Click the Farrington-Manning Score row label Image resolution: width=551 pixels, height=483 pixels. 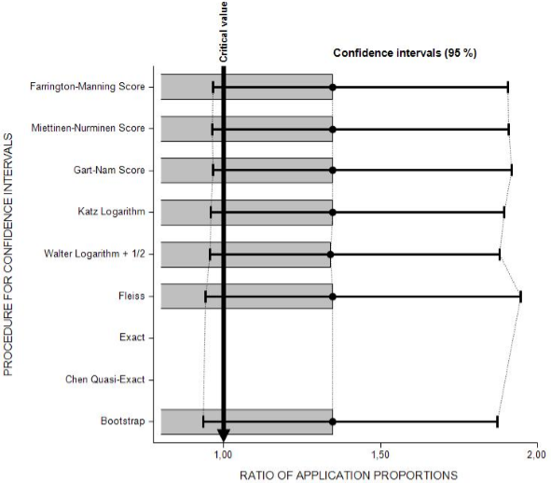click(x=87, y=87)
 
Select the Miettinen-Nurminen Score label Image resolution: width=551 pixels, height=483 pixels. click(x=88, y=128)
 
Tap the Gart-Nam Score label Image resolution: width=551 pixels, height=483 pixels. click(x=109, y=170)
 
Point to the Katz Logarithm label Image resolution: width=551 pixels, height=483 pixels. click(x=111, y=212)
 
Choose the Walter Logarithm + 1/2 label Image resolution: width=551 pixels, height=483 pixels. click(x=94, y=254)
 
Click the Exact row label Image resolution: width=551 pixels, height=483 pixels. click(x=131, y=338)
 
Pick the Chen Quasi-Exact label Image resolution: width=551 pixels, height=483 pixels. click(x=105, y=379)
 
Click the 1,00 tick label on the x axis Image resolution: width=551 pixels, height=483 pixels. click(x=223, y=454)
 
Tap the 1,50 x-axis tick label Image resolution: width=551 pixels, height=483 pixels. click(x=380, y=454)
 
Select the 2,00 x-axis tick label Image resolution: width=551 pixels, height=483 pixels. click(x=537, y=454)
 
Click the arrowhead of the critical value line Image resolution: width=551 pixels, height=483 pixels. click(x=223, y=436)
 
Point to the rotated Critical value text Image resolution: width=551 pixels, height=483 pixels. click(x=224, y=32)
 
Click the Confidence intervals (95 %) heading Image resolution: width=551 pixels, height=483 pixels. click(x=405, y=53)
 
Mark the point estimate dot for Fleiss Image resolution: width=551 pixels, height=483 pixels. click(x=333, y=297)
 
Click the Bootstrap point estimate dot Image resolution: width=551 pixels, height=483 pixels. click(x=333, y=421)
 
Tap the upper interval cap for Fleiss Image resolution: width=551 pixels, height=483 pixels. click(x=520, y=297)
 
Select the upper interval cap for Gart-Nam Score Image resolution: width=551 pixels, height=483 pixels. click(x=511, y=170)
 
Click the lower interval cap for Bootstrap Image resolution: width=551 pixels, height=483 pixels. click(x=203, y=421)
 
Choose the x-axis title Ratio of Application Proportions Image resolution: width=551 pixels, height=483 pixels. click(x=349, y=476)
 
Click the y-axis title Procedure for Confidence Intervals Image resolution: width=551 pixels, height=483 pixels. click(x=7, y=255)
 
